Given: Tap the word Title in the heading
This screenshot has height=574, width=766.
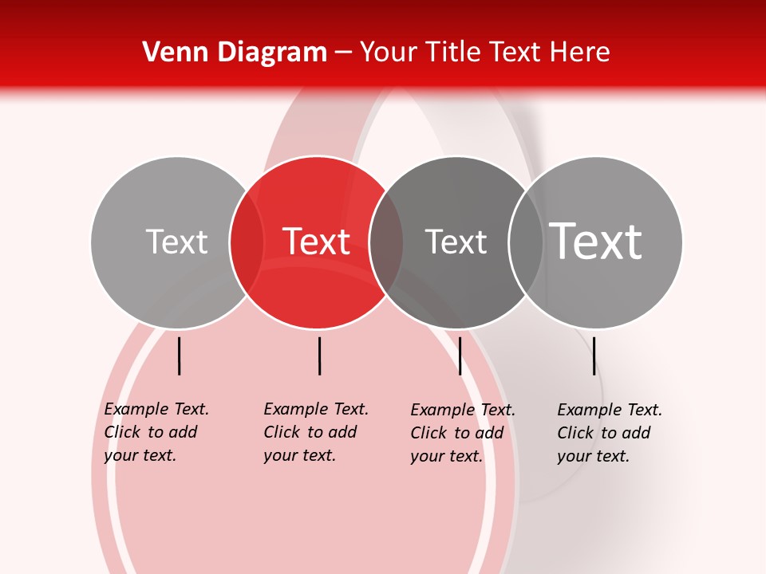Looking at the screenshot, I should pyautogui.click(x=452, y=52).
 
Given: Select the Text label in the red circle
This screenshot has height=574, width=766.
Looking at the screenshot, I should pyautogui.click(x=317, y=242).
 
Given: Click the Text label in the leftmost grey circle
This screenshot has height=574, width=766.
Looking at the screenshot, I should pyautogui.click(x=176, y=242).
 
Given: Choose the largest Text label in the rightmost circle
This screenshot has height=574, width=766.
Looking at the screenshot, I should pyautogui.click(x=596, y=242).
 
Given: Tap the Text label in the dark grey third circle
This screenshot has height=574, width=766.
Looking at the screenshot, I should pyautogui.click(x=456, y=242).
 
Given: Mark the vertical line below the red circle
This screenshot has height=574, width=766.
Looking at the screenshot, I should pyautogui.click(x=319, y=356).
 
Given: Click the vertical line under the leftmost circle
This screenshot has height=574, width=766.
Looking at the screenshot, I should pyautogui.click(x=180, y=356).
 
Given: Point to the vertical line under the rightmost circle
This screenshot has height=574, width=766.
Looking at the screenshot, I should pyautogui.click(x=594, y=356).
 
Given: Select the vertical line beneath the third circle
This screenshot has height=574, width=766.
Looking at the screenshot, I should pyautogui.click(x=460, y=356).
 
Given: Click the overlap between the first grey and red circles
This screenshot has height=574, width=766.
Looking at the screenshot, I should pyautogui.click(x=247, y=242).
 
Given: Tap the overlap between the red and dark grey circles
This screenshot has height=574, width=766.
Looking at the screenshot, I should pyautogui.click(x=386, y=242).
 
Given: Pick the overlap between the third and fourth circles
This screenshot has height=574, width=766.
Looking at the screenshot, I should pyautogui.click(x=526, y=242).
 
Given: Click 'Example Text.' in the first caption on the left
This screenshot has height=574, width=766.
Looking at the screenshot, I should pyautogui.click(x=156, y=409).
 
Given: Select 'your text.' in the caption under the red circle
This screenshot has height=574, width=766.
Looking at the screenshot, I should pyautogui.click(x=299, y=455).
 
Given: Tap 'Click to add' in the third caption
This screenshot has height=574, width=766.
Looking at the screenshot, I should pyautogui.click(x=457, y=433).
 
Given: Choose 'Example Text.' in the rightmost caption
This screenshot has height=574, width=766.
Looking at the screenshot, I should pyautogui.click(x=610, y=410).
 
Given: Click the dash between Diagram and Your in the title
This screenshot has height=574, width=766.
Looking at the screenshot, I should pyautogui.click(x=343, y=53).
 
